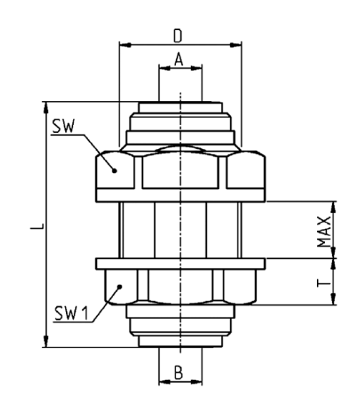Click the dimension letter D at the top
pyautogui.click(x=178, y=36)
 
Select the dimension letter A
pyautogui.click(x=179, y=59)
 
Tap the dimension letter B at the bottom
pyautogui.click(x=179, y=373)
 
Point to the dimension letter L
pyautogui.click(x=37, y=225)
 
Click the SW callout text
pyautogui.click(x=63, y=126)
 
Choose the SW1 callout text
pyautogui.click(x=72, y=313)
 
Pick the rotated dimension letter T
pyautogui.click(x=323, y=283)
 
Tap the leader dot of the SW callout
pyautogui.click(x=115, y=170)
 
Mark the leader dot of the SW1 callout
pyautogui.click(x=120, y=287)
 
